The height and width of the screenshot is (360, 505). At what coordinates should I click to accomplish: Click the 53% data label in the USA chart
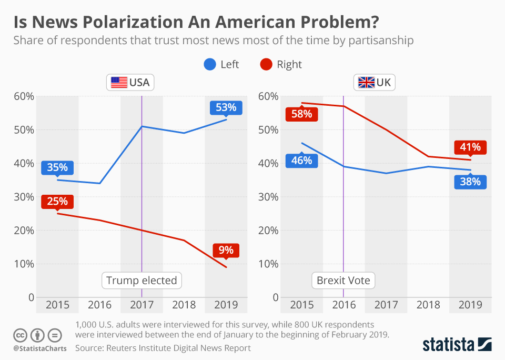click(x=226, y=108)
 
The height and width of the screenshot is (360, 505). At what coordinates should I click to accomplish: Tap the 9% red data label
click(x=226, y=250)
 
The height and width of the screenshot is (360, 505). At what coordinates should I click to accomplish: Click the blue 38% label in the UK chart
click(x=471, y=182)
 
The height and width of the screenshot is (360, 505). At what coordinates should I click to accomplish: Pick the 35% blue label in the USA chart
click(x=57, y=167)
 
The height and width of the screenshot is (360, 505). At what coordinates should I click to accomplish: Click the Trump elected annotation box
click(x=142, y=281)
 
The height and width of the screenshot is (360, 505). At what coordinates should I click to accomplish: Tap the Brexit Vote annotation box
click(x=344, y=281)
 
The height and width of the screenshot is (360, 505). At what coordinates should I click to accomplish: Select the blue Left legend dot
click(x=209, y=64)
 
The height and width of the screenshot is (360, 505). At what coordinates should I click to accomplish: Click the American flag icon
click(x=119, y=83)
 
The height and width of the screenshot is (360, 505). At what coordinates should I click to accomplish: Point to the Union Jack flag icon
click(x=366, y=83)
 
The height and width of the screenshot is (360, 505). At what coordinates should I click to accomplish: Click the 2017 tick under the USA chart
click(x=142, y=305)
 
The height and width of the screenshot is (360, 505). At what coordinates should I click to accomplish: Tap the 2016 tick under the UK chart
click(x=344, y=305)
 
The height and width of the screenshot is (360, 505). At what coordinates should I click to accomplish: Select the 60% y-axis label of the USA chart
click(x=23, y=96)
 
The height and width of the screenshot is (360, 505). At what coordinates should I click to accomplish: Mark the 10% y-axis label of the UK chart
click(x=268, y=264)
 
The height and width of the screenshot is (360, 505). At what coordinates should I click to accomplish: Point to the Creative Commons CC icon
click(x=20, y=335)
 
